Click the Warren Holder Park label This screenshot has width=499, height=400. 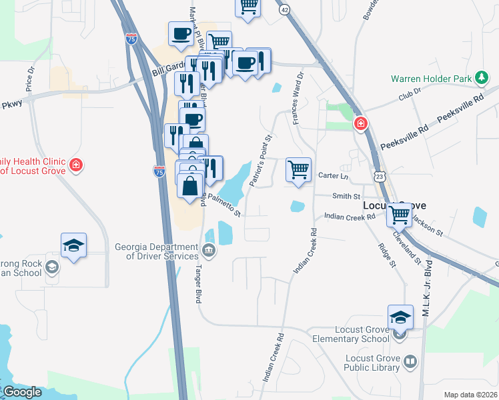(x=431, y=78)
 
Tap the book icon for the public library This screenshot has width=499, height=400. (x=410, y=362)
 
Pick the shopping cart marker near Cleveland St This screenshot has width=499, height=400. (x=400, y=215)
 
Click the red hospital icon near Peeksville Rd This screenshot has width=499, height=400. (x=361, y=123)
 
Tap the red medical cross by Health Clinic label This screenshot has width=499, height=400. (x=77, y=164)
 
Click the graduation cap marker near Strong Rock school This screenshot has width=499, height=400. (x=73, y=245)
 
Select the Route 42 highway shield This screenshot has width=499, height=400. (x=285, y=10)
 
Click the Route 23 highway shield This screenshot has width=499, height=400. (x=380, y=176)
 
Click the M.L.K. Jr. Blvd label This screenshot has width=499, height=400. (x=428, y=266)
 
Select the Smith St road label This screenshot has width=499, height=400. (x=346, y=197)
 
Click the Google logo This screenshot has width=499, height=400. (x=21, y=392)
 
